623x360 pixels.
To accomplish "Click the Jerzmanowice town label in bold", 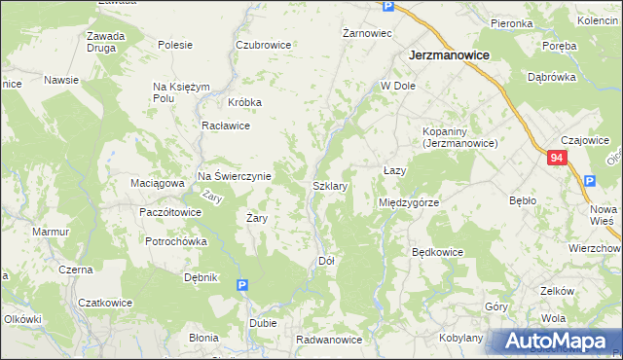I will pos(448,56).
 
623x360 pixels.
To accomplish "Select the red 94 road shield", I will pos(556,158).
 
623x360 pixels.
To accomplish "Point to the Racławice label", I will pos(226,126).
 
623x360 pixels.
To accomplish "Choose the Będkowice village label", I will pos(437,252).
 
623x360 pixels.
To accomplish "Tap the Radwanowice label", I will pos(329,340).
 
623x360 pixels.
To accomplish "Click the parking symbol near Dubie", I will pos(242,285).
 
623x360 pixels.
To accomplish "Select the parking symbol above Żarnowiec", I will pos(387,7).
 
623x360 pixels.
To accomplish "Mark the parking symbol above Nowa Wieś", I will pos(589,181).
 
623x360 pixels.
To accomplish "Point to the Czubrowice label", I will pos(263,45).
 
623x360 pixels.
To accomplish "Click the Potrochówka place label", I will pos(176,240).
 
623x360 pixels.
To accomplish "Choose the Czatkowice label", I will pos(104,302).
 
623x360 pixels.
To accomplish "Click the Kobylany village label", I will pos(461,338).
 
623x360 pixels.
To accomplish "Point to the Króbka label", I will pos(245,102).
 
